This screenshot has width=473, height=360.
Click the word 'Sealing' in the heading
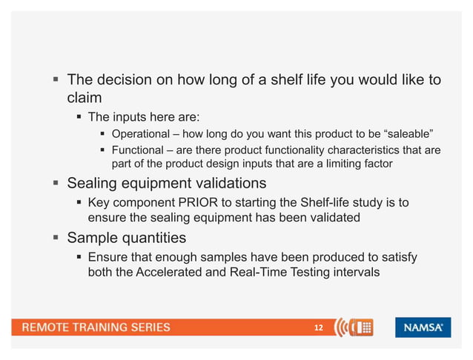[x=95, y=182]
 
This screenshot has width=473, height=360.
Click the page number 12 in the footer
[x=319, y=327]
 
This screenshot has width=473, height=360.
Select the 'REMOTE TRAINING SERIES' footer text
[x=95, y=327]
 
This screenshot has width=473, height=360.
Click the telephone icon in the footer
[x=362, y=327]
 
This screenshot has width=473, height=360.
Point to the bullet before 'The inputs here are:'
[x=78, y=117]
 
